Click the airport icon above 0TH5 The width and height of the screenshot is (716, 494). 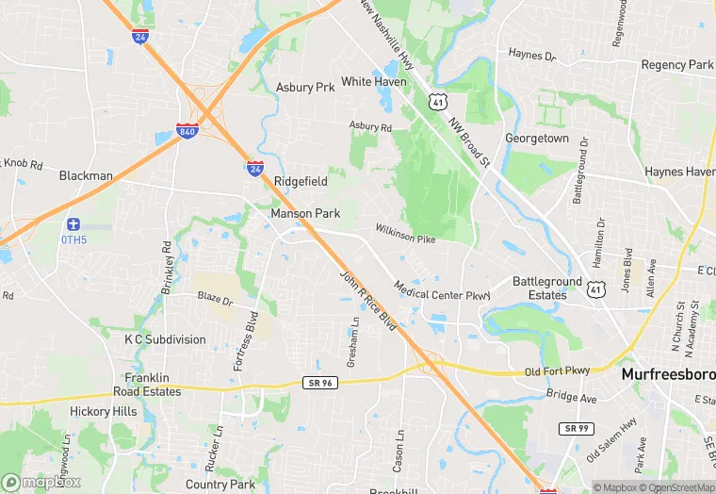tap(73, 224)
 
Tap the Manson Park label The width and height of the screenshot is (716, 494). tap(305, 214)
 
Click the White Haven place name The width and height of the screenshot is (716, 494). tap(374, 82)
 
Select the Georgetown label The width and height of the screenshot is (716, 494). tap(537, 139)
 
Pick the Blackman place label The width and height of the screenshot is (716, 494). tap(86, 175)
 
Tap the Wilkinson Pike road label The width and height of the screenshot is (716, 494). tap(405, 235)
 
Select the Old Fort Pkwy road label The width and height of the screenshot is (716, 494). tap(562, 371)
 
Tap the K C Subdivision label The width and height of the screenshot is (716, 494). tap(165, 339)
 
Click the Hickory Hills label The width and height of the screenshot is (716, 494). tap(103, 412)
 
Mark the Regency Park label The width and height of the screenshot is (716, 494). tap(676, 65)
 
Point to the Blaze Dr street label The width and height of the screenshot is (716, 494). tap(215, 299)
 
